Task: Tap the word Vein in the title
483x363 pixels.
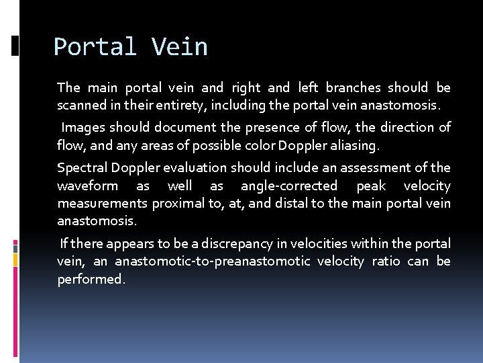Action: click(180, 47)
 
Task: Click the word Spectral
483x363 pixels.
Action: click(82, 167)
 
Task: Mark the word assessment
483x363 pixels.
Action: click(378, 167)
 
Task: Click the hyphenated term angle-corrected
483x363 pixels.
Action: click(289, 186)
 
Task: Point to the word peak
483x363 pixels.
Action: click(371, 186)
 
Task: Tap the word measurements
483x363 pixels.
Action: click(102, 203)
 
